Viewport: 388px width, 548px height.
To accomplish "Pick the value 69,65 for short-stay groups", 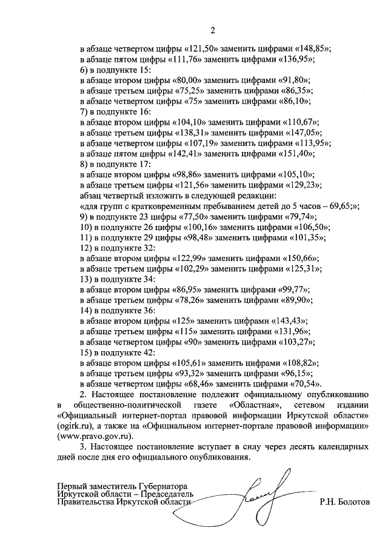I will tap(342, 206).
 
